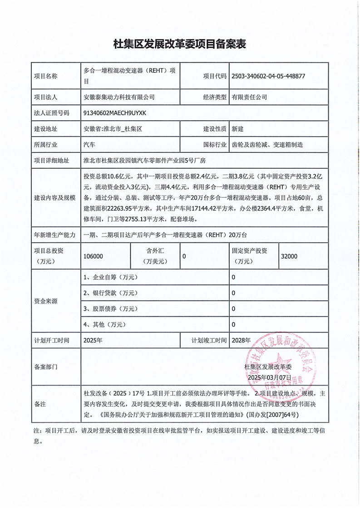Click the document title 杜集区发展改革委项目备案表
[179, 44]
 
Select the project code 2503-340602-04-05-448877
[268, 76]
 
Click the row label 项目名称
[46, 76]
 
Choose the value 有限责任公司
[250, 97]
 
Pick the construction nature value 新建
[237, 129]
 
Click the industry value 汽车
[89, 145]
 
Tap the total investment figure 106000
[94, 256]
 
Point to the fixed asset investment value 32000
[289, 256]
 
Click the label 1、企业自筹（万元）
[110, 277]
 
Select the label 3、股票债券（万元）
[110, 309]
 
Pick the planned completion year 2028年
[241, 340]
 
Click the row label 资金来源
[46, 301]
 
